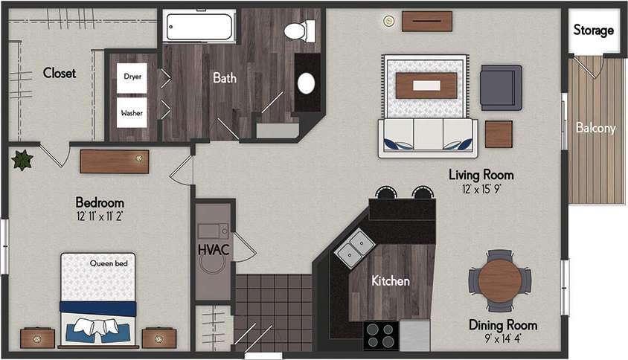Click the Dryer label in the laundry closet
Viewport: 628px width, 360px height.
[132, 76]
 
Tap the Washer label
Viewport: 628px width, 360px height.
[132, 113]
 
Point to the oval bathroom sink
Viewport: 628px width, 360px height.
[306, 83]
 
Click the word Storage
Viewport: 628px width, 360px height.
[594, 30]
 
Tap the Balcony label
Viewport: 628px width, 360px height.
[595, 128]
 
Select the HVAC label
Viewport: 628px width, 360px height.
[213, 250]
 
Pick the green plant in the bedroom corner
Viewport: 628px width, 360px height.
[21, 159]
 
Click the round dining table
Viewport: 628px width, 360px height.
[499, 280]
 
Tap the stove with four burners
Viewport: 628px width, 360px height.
[380, 336]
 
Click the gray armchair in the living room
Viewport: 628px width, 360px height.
[500, 87]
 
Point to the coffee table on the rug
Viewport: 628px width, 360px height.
[426, 86]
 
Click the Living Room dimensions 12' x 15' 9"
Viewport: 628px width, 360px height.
[481, 189]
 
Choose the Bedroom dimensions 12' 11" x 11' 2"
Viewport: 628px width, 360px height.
[100, 216]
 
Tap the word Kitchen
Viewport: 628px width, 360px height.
[391, 281]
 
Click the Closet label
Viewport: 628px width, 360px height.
[60, 73]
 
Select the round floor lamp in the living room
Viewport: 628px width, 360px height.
[387, 21]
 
